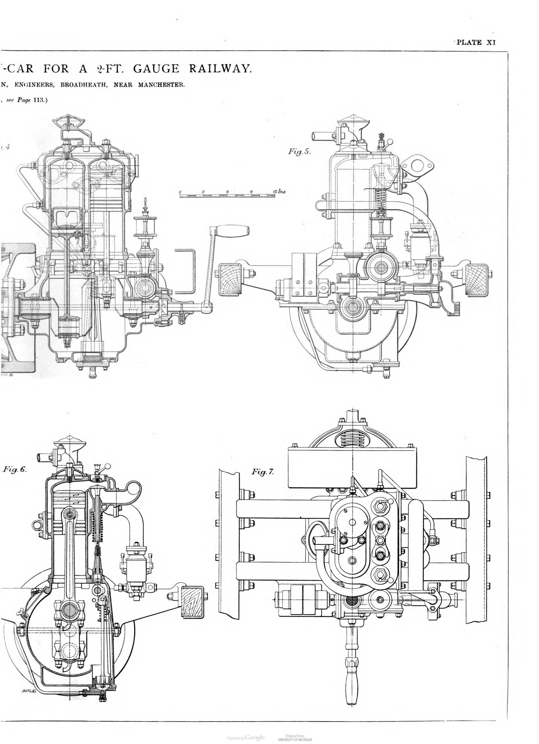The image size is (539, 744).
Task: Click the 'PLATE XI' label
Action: (476, 42)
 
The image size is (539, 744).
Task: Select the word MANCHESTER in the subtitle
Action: (161, 85)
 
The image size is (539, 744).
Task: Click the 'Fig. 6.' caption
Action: (15, 469)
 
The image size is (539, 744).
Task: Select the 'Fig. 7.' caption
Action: (262, 472)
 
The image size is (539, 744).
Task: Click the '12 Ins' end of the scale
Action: (279, 191)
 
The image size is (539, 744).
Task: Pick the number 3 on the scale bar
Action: (203, 192)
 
